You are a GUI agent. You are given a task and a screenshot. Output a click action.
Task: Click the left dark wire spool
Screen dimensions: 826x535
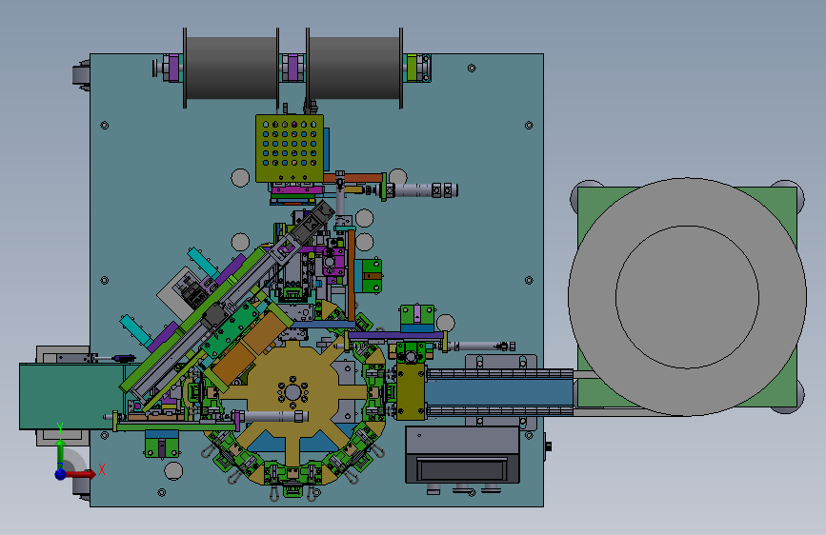232,68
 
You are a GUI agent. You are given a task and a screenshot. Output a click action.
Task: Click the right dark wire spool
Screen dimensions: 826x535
354,68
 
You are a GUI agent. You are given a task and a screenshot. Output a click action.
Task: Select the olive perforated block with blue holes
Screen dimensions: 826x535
290,149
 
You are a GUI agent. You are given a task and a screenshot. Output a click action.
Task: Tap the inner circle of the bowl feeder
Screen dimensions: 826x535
687,297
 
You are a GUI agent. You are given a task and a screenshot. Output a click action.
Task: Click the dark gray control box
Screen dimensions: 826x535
462,454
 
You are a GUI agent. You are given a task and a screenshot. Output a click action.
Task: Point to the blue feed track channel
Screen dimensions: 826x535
499,392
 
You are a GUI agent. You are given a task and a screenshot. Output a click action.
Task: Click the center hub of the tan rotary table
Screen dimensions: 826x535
292,393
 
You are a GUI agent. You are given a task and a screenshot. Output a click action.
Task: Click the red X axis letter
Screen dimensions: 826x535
102,469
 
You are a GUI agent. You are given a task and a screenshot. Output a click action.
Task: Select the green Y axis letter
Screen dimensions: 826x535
60,428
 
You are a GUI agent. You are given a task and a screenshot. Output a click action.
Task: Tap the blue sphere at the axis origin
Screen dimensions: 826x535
61,474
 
